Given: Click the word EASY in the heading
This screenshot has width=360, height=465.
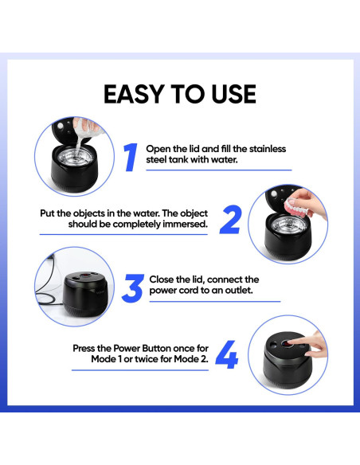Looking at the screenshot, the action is click(134, 94).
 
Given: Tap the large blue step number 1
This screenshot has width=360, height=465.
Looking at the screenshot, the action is click(131, 157).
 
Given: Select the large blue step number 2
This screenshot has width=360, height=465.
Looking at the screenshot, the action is click(230, 220).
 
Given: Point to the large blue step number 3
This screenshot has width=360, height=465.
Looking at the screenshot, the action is click(133, 288).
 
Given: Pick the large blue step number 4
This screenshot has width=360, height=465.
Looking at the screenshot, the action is click(226, 354).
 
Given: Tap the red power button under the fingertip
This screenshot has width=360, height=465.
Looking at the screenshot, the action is click(286, 344).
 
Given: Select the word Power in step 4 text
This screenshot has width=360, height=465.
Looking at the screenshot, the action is click(127, 348).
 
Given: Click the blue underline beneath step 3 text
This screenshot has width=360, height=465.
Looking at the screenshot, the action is click(215, 302).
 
